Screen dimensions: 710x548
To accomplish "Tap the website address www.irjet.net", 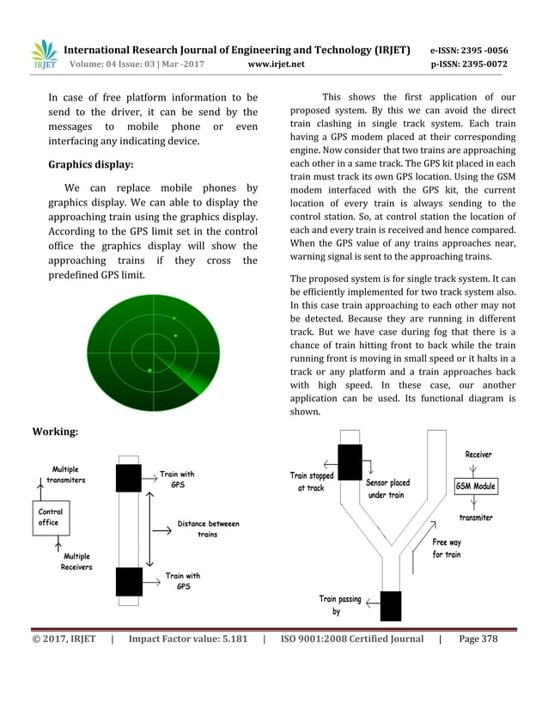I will (x=275, y=64).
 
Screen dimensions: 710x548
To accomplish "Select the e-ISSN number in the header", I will (x=468, y=50).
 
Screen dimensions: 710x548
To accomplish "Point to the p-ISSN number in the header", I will (x=468, y=64).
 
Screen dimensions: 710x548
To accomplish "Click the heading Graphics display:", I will (x=90, y=163).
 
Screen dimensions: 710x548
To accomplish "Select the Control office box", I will (x=51, y=517).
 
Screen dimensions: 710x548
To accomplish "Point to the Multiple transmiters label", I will (x=65, y=474).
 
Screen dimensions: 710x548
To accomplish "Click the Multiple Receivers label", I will (x=76, y=562).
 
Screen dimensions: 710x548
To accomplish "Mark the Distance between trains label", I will (x=208, y=529).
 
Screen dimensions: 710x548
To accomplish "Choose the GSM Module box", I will (x=475, y=487).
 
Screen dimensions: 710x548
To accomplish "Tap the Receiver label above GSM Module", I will (x=478, y=454).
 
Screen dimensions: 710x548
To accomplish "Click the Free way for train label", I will (x=446, y=548).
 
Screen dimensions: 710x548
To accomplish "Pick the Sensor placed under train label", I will (x=387, y=488).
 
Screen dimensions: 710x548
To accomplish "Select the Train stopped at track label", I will (x=311, y=481).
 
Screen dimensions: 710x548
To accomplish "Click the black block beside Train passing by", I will (x=390, y=605).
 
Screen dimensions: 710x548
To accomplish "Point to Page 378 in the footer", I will (x=478, y=639).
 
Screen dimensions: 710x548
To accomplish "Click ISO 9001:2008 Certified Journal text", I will (x=352, y=639).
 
